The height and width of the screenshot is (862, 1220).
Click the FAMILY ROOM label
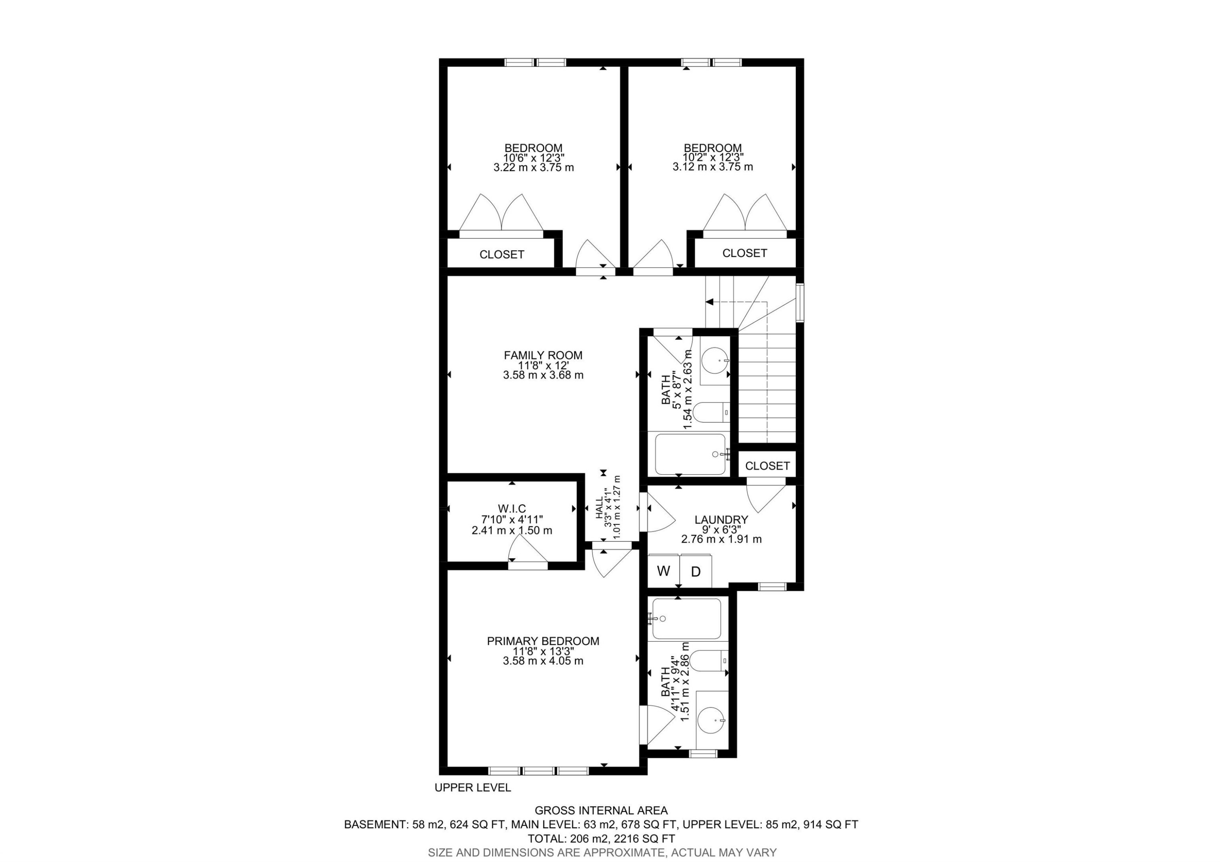coord(543,355)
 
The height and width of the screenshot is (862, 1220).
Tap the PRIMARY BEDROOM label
coord(543,642)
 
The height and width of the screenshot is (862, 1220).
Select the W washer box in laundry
coord(664,571)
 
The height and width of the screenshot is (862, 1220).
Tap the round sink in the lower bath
coord(711,720)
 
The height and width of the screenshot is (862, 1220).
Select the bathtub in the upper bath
coord(690,454)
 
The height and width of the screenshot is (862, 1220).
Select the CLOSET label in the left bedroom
coord(501,255)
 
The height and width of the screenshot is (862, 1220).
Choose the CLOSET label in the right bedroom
coord(745,253)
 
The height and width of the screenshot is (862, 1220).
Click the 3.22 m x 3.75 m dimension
coord(534,168)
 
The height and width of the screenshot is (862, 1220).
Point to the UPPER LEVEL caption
coord(473,788)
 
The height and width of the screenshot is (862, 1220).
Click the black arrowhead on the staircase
coord(709,302)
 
